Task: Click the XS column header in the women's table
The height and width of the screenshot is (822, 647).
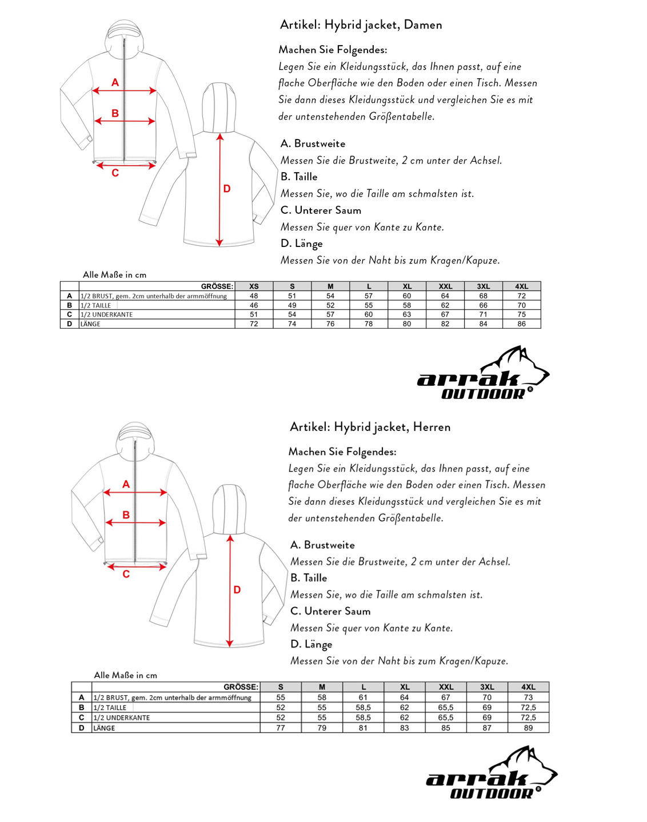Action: click(254, 286)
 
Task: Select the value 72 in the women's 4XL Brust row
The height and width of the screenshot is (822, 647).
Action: click(521, 296)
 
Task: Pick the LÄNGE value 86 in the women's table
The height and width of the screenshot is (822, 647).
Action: click(521, 324)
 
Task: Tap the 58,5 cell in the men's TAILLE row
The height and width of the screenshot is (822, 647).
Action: click(363, 708)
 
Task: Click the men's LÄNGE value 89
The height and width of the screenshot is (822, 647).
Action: click(528, 728)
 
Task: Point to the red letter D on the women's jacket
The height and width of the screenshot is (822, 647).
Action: click(227, 189)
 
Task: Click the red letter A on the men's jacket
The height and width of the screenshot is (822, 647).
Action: click(126, 485)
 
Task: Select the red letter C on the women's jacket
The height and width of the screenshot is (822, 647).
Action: click(115, 173)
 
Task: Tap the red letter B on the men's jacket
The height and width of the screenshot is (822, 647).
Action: click(126, 515)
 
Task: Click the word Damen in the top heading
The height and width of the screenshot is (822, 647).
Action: click(423, 25)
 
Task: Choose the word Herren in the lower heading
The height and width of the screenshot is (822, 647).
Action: click(432, 427)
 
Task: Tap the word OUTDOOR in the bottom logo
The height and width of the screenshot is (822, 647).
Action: click(492, 793)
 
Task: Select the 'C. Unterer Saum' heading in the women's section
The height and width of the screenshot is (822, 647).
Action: click(321, 210)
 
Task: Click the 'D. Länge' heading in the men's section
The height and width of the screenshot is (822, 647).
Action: click(311, 644)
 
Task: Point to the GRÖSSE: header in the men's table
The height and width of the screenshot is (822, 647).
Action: click(241, 687)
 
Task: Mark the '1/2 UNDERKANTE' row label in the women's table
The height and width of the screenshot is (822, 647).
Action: click(106, 314)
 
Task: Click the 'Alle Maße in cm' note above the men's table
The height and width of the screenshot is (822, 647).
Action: click(125, 675)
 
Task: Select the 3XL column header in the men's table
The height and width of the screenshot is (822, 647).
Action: click(487, 687)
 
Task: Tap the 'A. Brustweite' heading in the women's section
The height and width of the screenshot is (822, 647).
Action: click(313, 143)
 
